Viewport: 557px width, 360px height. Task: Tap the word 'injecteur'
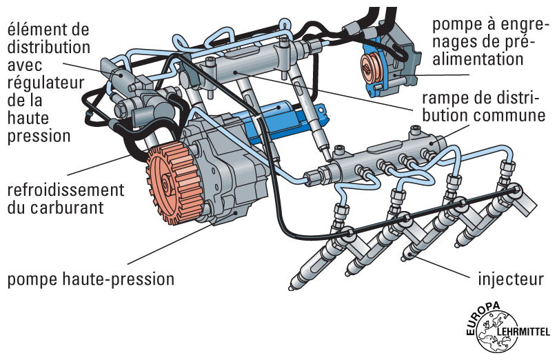[x=512, y=280]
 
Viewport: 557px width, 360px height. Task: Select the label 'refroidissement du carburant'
[x=65, y=197]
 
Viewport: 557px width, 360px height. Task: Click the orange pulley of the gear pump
[x=376, y=64]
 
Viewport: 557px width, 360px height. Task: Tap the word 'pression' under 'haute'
[x=39, y=136]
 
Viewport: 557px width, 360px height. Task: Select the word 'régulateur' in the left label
[x=45, y=82]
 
